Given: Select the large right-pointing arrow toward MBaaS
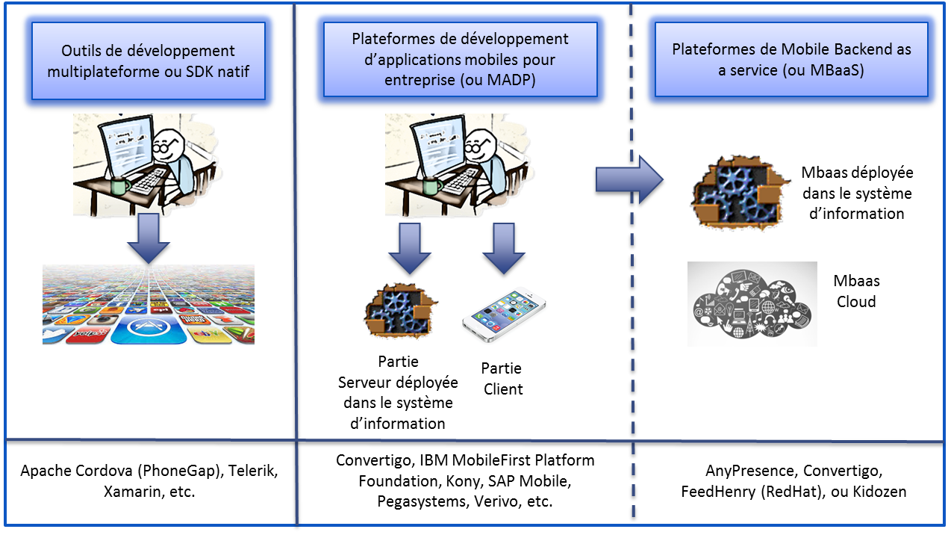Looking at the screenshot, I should click(x=629, y=180).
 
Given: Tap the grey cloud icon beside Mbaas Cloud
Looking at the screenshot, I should click(x=752, y=303).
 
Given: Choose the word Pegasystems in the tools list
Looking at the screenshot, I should click(x=422, y=501).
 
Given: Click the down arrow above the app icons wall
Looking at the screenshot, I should click(x=149, y=238).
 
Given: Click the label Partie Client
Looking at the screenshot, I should click(x=502, y=378).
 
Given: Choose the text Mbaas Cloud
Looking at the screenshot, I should click(x=857, y=291).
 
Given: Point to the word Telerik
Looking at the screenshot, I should click(x=252, y=471).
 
